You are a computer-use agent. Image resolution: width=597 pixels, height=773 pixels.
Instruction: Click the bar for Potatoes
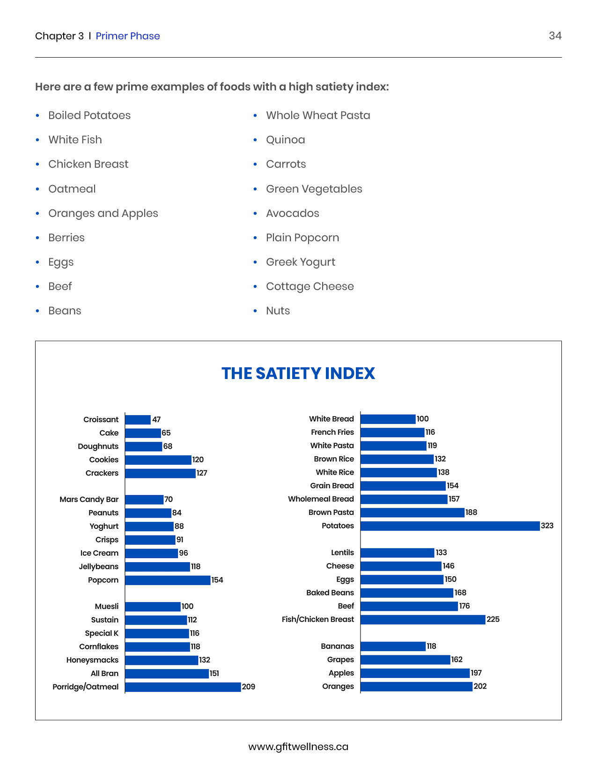pos(450,526)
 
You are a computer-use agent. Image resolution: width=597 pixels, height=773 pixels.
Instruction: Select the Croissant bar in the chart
pos(138,420)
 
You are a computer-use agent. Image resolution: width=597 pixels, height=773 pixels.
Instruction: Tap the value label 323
pos(547,526)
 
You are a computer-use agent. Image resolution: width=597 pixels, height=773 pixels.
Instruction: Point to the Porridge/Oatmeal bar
pos(183,687)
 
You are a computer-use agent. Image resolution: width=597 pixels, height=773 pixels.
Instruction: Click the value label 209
pos(249,687)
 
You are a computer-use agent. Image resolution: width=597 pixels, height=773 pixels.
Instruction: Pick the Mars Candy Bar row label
pos(89,499)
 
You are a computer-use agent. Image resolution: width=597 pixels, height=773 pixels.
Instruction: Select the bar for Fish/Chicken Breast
pos(423,619)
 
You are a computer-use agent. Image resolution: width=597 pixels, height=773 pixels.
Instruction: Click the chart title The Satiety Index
pos(298,373)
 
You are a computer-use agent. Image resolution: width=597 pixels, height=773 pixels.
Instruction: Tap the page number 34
pos(555,36)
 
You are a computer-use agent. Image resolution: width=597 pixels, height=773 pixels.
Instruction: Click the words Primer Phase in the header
pos(128,36)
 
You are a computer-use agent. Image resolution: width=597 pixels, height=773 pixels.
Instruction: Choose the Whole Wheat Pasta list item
pos(318,115)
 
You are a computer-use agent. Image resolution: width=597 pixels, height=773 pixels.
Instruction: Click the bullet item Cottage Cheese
pos(310,286)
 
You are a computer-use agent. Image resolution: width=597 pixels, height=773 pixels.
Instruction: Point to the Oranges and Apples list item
pos(103,213)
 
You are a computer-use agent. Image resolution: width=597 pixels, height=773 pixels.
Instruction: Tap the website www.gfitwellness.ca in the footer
pos(298,747)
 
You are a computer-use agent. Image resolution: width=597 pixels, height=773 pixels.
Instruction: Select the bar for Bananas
pos(393,647)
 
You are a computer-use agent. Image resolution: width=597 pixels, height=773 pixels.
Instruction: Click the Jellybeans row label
pos(99,566)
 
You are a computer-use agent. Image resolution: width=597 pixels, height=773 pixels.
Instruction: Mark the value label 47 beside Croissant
pos(156,420)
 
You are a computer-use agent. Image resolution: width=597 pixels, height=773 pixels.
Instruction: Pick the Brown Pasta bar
pos(412,513)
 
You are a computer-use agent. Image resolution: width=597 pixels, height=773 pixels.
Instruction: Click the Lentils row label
pos(342,553)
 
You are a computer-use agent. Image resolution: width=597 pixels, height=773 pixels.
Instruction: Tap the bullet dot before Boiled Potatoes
pos(37,115)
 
